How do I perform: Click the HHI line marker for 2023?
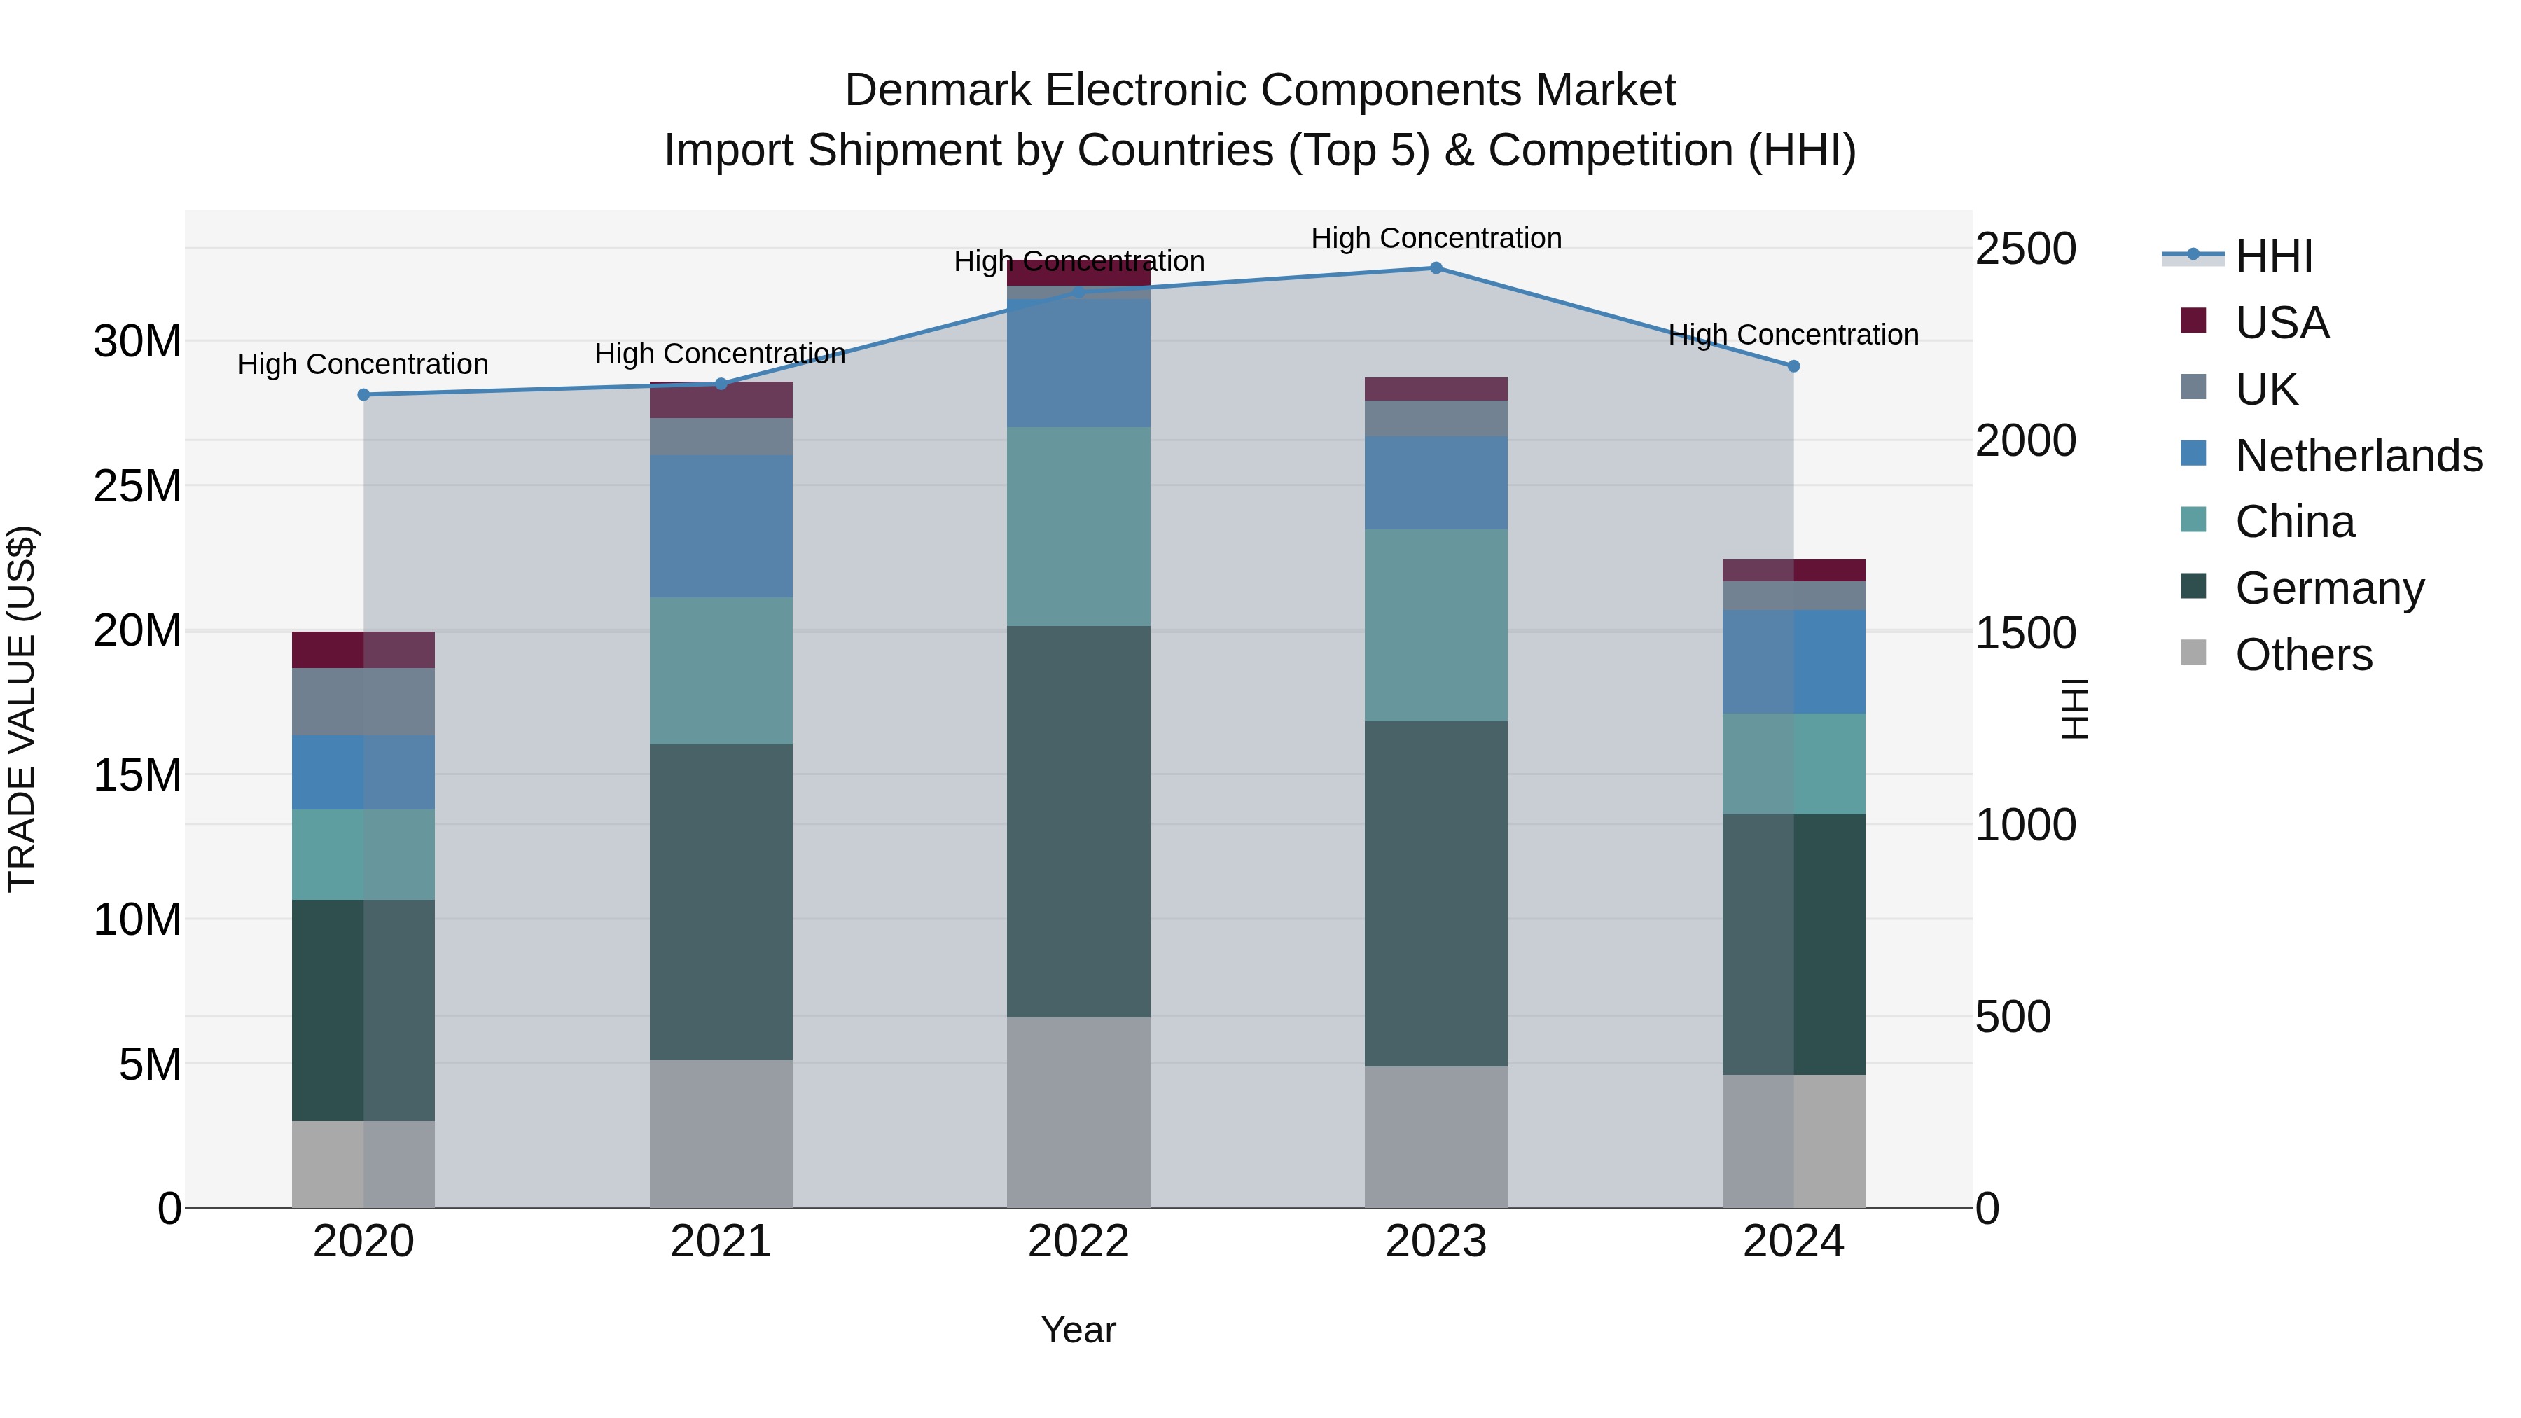(x=1436, y=267)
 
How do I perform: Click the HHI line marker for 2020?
(x=363, y=394)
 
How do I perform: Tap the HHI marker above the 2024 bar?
(x=1793, y=366)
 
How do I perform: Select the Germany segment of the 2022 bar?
(x=1078, y=821)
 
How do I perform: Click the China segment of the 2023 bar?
(x=1436, y=625)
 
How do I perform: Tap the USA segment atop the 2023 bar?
(x=1436, y=389)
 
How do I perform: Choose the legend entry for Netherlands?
(x=2359, y=456)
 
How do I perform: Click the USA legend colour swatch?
(x=2193, y=320)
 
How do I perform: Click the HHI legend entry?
(x=2273, y=256)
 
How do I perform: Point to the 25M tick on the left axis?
(x=137, y=487)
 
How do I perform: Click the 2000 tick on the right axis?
(x=2024, y=440)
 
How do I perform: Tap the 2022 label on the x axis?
(x=1078, y=1242)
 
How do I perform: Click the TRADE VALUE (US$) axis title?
(x=22, y=709)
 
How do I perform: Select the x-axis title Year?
(x=1078, y=1330)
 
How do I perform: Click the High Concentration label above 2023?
(x=1436, y=238)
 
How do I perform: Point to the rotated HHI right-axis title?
(x=2074, y=709)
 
